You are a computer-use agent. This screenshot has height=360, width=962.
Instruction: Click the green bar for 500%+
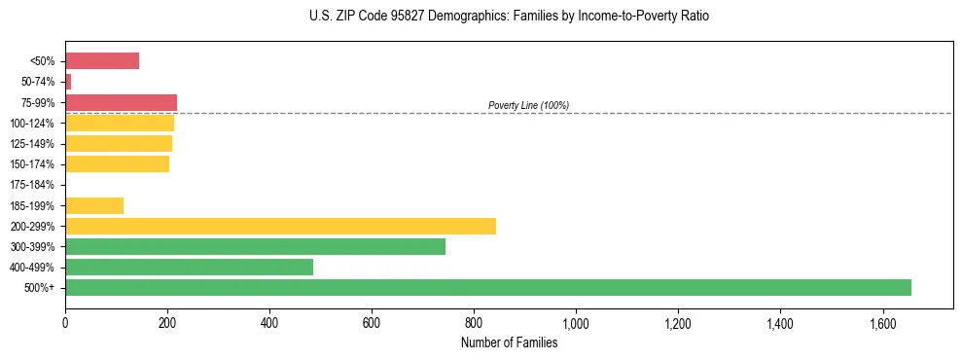click(x=487, y=287)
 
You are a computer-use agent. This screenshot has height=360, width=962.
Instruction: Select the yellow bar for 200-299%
click(x=280, y=226)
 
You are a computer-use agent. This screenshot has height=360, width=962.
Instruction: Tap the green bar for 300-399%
click(x=255, y=246)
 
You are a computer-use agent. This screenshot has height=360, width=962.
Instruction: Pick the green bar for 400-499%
click(x=189, y=267)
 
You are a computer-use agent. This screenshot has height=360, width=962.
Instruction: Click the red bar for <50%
click(x=102, y=61)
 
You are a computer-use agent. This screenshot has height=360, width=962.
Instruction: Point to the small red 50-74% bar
click(x=68, y=82)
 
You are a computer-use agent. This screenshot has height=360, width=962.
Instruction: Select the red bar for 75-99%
click(x=121, y=102)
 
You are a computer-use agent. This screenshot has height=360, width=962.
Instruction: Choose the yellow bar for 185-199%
click(x=94, y=205)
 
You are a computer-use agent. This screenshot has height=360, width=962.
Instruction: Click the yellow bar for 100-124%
click(x=120, y=123)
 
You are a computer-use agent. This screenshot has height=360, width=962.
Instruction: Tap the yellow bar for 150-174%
click(x=117, y=164)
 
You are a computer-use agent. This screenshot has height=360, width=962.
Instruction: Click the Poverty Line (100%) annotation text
click(x=528, y=105)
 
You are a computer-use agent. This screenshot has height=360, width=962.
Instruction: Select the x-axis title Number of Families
click(x=509, y=342)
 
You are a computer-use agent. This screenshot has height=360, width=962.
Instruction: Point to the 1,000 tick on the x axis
click(x=576, y=323)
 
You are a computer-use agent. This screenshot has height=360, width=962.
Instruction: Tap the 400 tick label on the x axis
click(x=269, y=323)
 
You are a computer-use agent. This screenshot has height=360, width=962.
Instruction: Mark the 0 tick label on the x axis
click(x=65, y=323)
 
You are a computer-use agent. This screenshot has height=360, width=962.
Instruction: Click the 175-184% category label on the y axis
click(x=32, y=185)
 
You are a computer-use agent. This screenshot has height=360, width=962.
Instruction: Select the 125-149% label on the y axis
click(x=32, y=144)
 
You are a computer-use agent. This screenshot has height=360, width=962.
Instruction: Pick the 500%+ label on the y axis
click(x=39, y=288)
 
